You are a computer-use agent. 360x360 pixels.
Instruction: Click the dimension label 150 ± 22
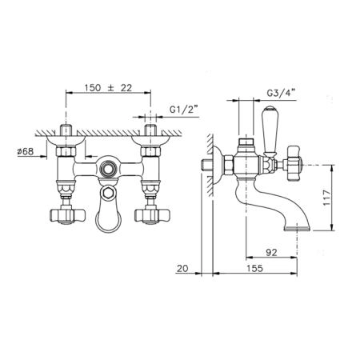pos(108,88)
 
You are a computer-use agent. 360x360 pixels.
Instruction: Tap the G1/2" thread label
pos(184,110)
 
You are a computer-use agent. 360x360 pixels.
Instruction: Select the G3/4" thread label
pos(281,93)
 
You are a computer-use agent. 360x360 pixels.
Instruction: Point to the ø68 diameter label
pos(26,151)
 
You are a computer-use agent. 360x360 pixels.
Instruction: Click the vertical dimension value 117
pos(326,198)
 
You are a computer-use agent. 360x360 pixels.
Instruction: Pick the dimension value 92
pos(271,252)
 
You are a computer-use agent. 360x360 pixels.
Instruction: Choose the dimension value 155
pos(254,268)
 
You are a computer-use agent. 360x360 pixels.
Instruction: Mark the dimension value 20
pos(182,268)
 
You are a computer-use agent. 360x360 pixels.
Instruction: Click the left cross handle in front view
pos(67,215)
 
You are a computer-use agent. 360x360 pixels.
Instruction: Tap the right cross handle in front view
pos(152,215)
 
